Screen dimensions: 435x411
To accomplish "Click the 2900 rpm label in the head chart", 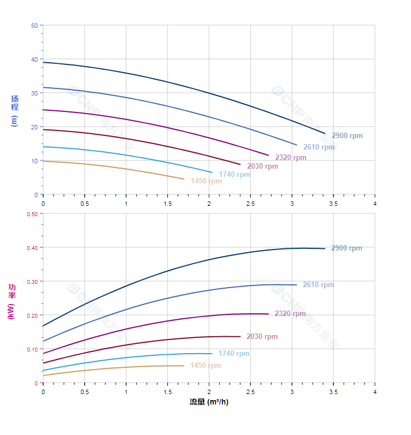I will click(347, 136).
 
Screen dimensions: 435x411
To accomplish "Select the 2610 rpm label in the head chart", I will click(319, 147).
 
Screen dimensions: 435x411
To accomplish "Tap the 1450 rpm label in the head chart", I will click(206, 181).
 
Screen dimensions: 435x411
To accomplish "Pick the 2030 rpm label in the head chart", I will click(262, 166).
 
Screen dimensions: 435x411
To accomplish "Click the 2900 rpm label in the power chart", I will click(347, 248).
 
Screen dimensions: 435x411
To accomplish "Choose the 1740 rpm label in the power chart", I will click(234, 354).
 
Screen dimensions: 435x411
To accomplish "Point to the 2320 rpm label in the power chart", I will click(290, 314).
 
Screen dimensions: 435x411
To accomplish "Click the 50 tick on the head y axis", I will click(35, 26).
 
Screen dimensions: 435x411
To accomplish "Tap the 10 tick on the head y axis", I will click(35, 161).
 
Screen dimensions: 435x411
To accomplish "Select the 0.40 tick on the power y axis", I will click(32, 248).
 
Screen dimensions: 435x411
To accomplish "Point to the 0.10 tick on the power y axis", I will click(32, 349).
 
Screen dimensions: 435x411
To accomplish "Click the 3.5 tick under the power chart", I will click(333, 392).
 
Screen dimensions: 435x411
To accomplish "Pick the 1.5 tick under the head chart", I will click(167, 204).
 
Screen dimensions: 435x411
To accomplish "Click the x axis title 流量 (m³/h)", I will click(209, 402).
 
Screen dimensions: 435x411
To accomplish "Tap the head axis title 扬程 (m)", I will click(14, 110).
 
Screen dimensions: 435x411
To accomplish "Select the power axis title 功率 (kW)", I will click(11, 302).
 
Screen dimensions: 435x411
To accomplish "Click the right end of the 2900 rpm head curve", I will click(325, 134).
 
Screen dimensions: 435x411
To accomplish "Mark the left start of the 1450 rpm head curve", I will click(43, 161).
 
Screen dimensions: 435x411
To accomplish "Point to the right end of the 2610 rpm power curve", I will click(297, 285).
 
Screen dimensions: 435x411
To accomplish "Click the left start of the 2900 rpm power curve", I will click(43, 326).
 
